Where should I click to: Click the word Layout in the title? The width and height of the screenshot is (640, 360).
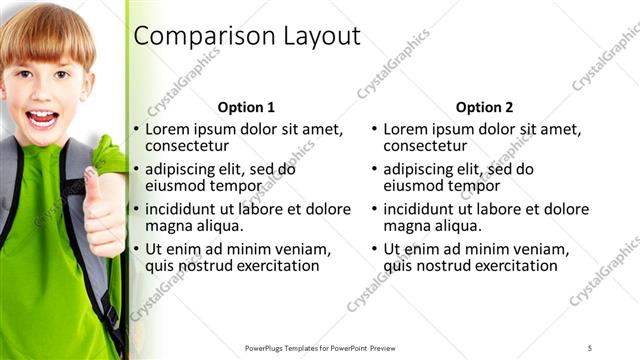pyautogui.click(x=309, y=37)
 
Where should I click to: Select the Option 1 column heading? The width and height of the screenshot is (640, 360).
pyautogui.click(x=246, y=107)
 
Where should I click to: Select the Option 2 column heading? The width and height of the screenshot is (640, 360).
pyautogui.click(x=484, y=107)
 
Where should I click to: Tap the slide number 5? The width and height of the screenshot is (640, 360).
pyautogui.click(x=590, y=347)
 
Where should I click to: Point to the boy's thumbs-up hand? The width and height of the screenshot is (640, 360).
pyautogui.click(x=104, y=210)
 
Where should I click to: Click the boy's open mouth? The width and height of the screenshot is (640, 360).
pyautogui.click(x=42, y=119)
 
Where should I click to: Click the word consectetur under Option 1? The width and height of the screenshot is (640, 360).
pyautogui.click(x=192, y=146)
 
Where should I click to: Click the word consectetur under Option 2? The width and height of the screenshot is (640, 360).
pyautogui.click(x=430, y=146)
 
